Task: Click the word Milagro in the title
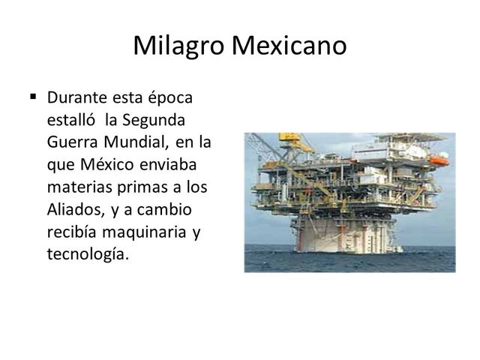(x=180, y=46)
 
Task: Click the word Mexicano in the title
(x=289, y=46)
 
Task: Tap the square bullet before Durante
(x=34, y=97)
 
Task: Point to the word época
(x=171, y=97)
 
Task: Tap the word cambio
(x=168, y=209)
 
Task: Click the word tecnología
(x=88, y=254)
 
